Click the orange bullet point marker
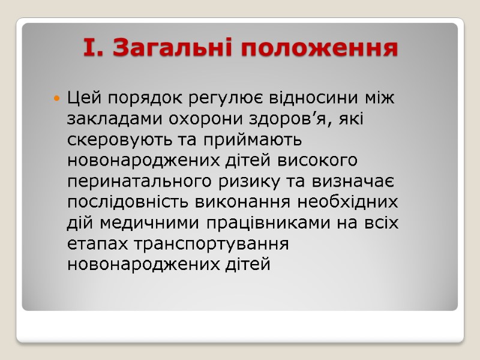point(56,97)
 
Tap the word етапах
point(99,244)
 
